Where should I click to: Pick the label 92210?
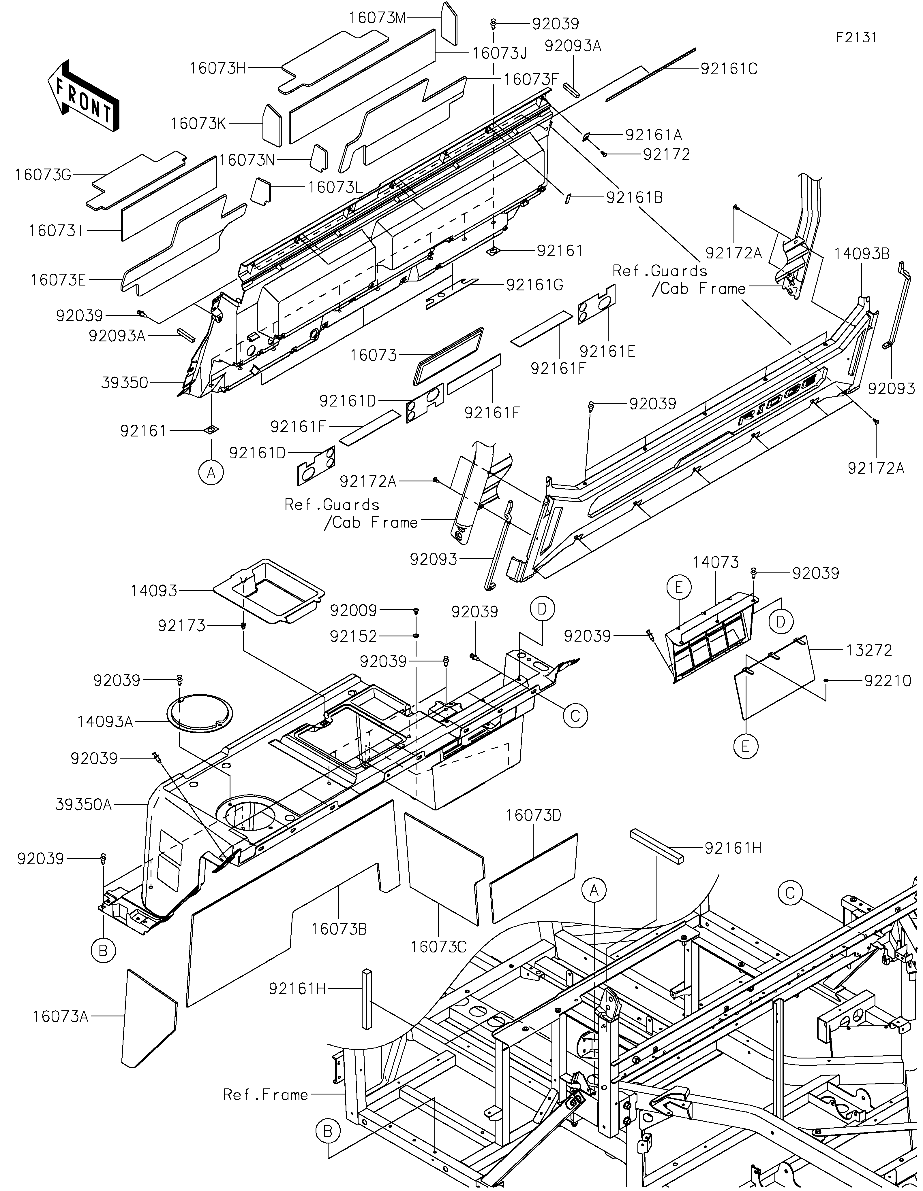coord(888,680)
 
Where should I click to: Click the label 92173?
coord(182,625)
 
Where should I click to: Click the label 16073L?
coord(335,187)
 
